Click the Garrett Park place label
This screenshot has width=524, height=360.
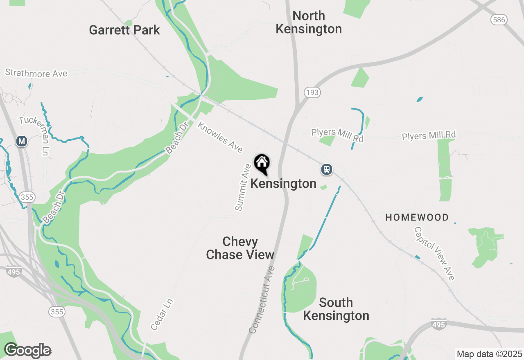coord(124,30)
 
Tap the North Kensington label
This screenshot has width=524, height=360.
coord(309,22)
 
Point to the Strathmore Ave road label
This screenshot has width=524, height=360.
coord(36,74)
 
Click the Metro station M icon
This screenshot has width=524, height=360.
coord(22,142)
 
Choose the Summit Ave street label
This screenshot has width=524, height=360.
coord(243,187)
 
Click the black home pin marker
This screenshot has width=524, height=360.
coord(262,164)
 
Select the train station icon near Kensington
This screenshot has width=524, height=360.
coord(326,169)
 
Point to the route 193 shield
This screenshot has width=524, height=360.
coord(312,92)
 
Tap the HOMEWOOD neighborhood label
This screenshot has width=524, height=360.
coord(417,218)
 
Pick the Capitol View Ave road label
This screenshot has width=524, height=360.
coord(434,253)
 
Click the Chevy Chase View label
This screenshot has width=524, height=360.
coord(240,248)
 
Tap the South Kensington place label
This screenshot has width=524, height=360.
coord(336,309)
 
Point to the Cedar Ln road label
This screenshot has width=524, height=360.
coord(162,314)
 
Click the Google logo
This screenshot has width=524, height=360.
coord(27,351)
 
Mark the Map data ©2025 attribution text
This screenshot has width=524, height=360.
coord(489,354)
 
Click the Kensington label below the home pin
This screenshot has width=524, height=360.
coord(283,184)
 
